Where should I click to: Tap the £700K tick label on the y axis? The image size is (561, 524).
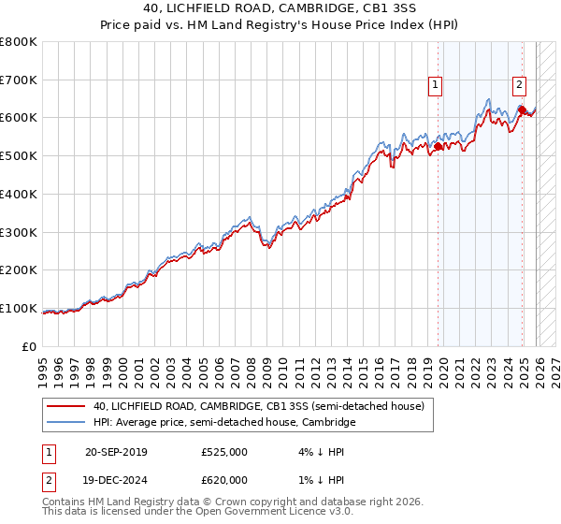(19, 80)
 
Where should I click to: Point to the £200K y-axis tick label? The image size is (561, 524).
(19, 270)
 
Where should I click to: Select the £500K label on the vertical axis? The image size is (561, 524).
(19, 156)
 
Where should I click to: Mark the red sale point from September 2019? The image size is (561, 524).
(438, 146)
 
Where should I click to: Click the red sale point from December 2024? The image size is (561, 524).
(522, 110)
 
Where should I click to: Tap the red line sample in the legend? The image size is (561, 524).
(66, 407)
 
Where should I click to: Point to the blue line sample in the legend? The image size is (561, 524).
(66, 423)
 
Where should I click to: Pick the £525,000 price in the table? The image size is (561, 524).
(224, 452)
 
